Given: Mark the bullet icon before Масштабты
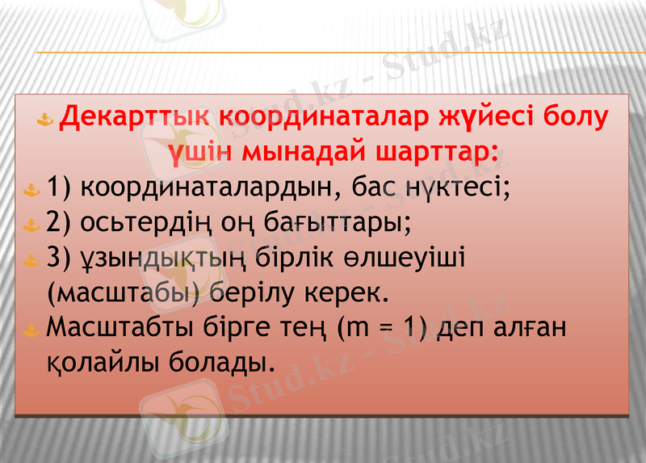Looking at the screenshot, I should click(31, 330).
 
